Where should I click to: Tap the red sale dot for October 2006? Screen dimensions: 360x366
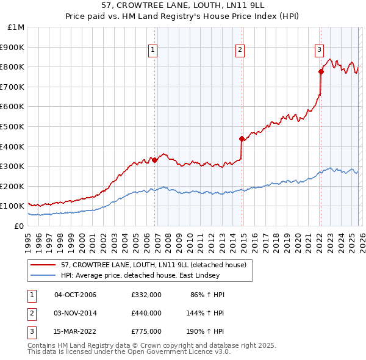(154, 160)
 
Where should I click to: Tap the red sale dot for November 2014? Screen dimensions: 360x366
(242, 139)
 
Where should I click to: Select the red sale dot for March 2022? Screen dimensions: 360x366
(321, 71)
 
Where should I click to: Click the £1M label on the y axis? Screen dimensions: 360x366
(16, 27)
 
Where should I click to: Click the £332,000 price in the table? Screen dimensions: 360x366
(146, 295)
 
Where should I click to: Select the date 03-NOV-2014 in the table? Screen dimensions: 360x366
(75, 313)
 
